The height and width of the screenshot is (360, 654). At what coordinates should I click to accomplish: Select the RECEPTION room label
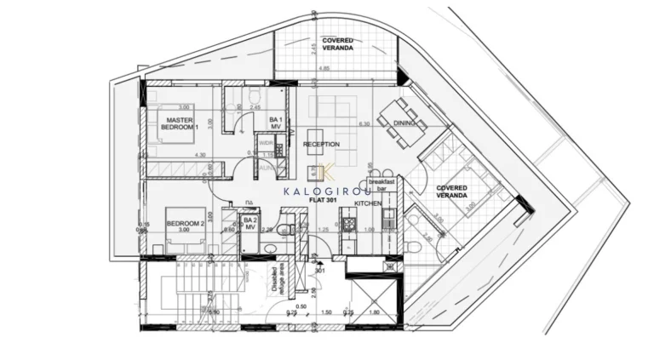(x=321, y=145)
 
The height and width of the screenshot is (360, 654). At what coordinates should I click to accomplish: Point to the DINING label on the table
(x=405, y=123)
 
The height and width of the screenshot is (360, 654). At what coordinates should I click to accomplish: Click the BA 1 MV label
(x=276, y=123)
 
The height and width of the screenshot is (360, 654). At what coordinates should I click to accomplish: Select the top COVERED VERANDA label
(x=339, y=43)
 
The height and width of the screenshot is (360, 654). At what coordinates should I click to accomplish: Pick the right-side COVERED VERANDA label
(x=452, y=191)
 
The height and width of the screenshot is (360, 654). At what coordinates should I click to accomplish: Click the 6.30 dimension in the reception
(x=365, y=124)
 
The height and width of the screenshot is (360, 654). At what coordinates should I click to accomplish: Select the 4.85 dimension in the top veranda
(x=325, y=68)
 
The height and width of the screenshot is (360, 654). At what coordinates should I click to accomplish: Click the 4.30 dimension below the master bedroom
(x=201, y=155)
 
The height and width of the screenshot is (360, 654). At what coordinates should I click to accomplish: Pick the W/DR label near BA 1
(x=267, y=144)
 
